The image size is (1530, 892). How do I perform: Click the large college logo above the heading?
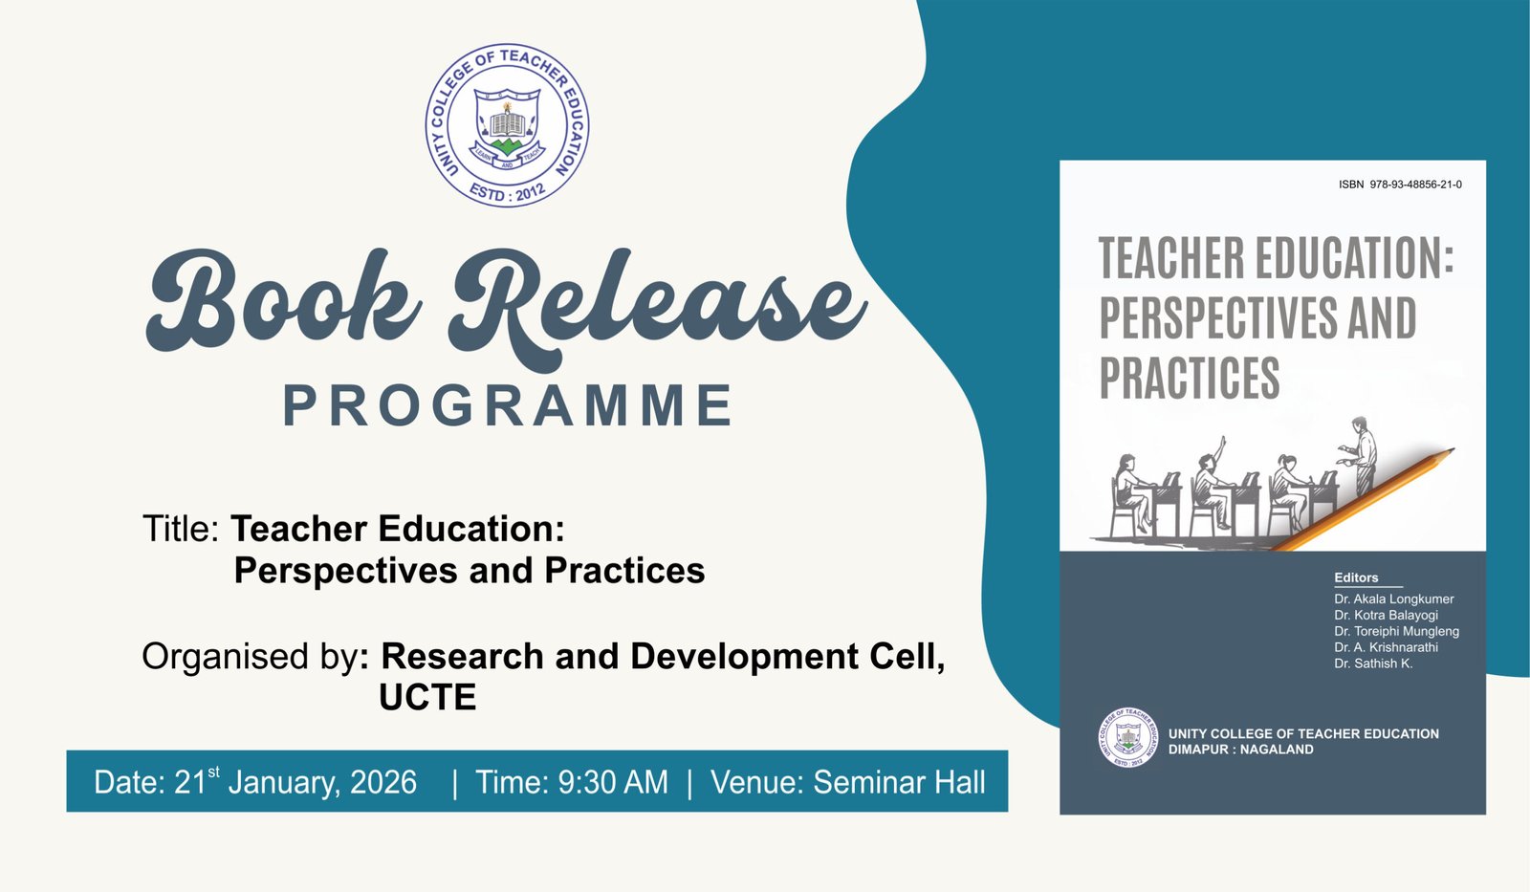tap(508, 125)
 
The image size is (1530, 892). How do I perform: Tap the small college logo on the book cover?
tap(1127, 737)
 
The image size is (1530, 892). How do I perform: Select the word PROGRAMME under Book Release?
tap(508, 405)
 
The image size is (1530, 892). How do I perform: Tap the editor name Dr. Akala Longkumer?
tap(1394, 599)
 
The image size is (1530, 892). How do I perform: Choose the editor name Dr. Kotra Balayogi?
tap(1386, 616)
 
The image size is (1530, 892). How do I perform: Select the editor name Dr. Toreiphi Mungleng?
tap(1397, 632)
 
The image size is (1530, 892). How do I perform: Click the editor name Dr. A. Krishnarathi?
tap(1386, 647)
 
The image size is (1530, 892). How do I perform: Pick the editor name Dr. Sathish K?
tap(1373, 664)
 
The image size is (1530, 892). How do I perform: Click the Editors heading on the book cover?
tap(1357, 577)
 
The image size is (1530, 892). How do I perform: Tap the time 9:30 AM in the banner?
tap(613, 783)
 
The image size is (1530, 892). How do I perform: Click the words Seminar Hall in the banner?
tap(899, 783)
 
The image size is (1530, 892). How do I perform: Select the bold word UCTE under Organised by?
tap(427, 698)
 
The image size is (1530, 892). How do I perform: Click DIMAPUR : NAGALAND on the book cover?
tap(1240, 750)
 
